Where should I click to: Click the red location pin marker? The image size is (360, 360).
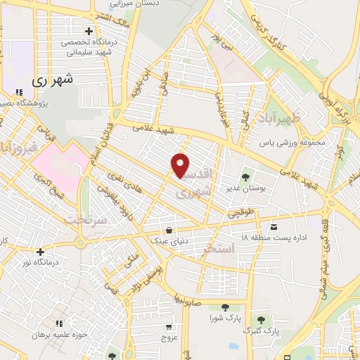(x=181, y=165)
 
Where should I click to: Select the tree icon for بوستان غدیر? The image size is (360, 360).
(x=245, y=176)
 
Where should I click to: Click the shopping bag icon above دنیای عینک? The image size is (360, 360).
(x=169, y=229)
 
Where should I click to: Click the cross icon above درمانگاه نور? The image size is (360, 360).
(x=40, y=252)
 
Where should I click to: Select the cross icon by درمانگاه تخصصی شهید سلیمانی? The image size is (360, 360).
(x=89, y=31)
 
